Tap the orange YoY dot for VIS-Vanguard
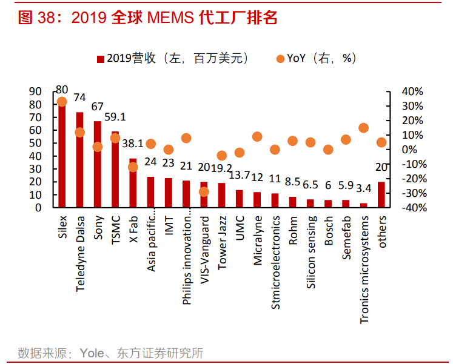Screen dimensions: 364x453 [204, 191]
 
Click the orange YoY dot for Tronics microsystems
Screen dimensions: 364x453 [363, 128]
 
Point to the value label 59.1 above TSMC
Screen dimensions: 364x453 [115, 116]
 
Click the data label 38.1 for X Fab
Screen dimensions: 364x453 [133, 144]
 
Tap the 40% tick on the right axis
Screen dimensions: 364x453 [413, 91]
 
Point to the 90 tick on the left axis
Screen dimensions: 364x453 [35, 91]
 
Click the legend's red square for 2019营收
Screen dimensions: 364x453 [101, 59]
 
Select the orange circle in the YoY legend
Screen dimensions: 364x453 [280, 59]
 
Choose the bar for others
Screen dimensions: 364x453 [381, 194]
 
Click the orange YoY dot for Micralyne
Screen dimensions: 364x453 [257, 137]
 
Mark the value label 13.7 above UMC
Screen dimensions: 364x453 [240, 175]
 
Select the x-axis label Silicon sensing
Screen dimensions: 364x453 [310, 251]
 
